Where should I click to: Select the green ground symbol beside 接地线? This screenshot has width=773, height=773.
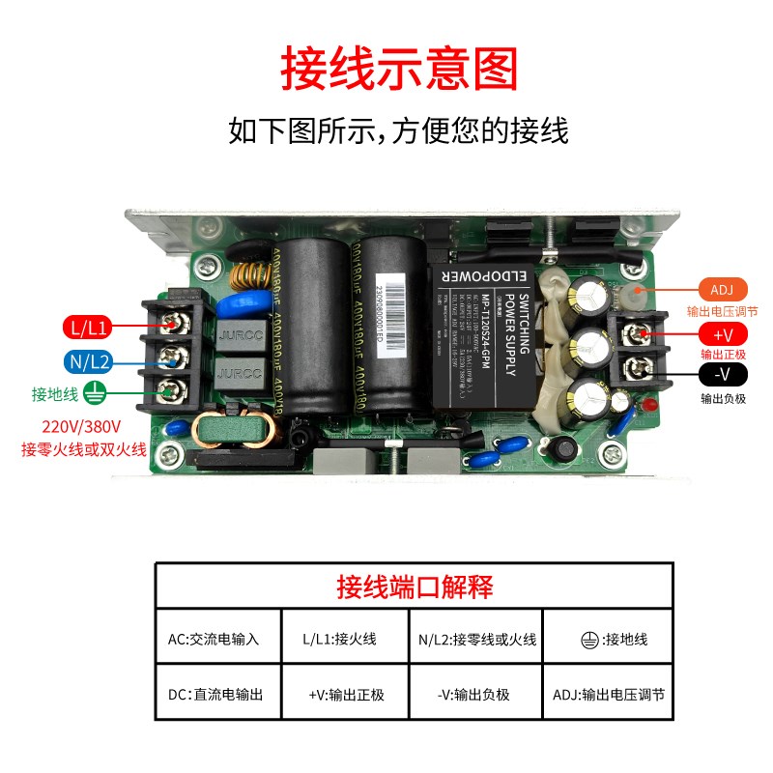coord(94,393)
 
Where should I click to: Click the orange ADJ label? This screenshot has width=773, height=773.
coord(722,291)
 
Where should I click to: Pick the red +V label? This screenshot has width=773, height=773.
coord(722,334)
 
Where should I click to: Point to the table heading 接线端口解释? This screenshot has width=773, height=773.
coord(414,586)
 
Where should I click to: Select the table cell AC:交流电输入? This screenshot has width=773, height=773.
coord(214,639)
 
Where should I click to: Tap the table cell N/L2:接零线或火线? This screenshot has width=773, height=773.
coord(477,639)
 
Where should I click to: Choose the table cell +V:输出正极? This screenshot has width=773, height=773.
coord(346,694)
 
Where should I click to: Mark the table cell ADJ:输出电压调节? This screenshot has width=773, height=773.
coord(609,694)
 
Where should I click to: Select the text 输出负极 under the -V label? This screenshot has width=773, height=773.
coord(723,398)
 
